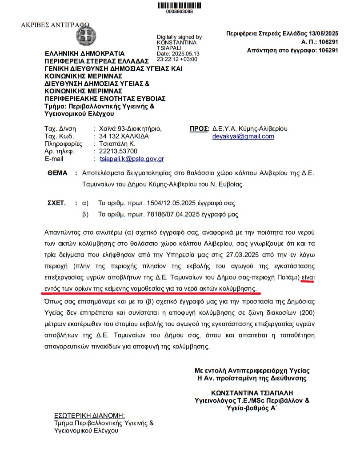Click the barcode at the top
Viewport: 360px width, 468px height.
(x=179, y=5)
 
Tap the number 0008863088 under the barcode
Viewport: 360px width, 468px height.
(x=179, y=12)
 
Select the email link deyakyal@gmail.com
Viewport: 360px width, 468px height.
(x=244, y=136)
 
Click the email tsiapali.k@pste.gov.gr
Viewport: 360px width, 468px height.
(x=132, y=159)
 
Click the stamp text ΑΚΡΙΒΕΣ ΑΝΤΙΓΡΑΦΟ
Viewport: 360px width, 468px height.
(x=55, y=24)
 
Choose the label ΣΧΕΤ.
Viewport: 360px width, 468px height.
(x=56, y=203)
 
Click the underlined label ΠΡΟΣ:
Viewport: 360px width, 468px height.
(x=200, y=128)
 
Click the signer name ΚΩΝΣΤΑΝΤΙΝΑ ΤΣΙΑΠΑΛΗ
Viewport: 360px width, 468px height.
(x=252, y=393)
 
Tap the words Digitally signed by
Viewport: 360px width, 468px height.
(x=179, y=37)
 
